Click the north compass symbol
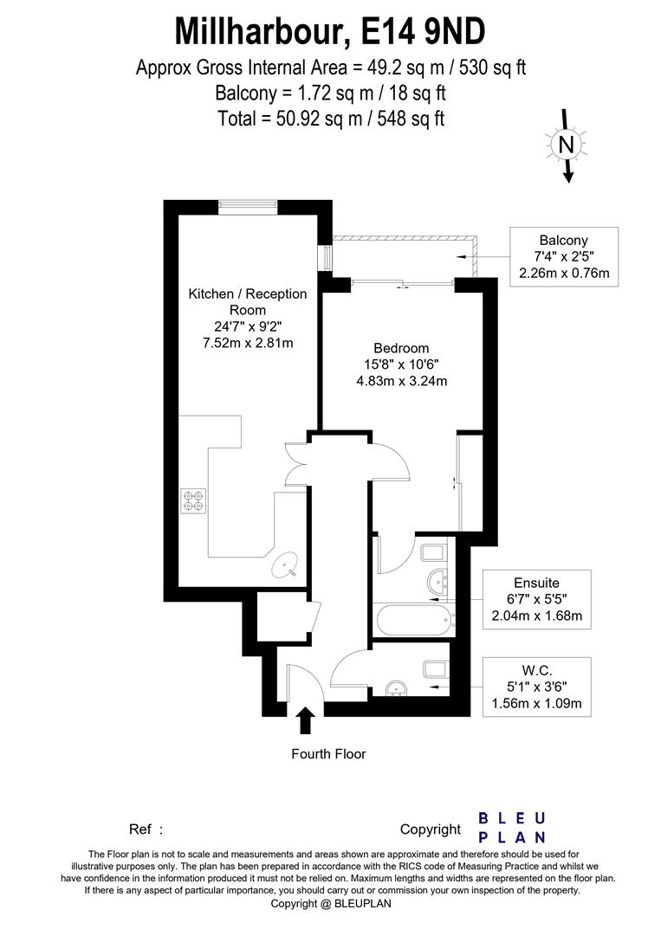coord(566,145)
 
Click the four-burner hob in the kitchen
coord(194,500)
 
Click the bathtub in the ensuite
coord(412,619)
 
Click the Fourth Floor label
coord(328,754)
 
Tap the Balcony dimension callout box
coord(563,257)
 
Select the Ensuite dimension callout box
coord(536,600)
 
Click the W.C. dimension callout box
coord(538,687)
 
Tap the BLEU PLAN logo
coord(512,828)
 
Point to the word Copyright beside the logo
coord(431,829)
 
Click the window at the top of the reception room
coord(248,206)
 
